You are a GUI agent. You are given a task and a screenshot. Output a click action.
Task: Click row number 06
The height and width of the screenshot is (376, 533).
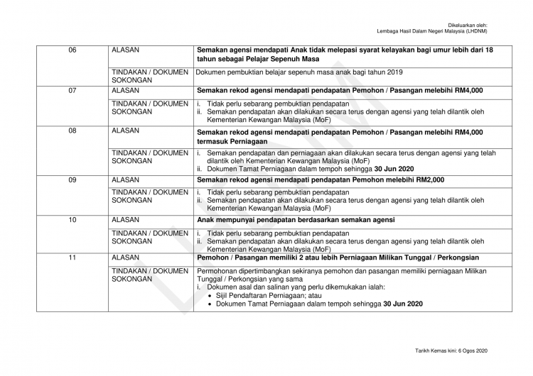(72, 50)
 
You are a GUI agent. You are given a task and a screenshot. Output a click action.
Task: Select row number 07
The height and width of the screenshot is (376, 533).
(72, 91)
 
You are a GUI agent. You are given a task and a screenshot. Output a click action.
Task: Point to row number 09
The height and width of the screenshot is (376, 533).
(72, 180)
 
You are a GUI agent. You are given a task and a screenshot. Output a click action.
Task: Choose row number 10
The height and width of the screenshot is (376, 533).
(72, 221)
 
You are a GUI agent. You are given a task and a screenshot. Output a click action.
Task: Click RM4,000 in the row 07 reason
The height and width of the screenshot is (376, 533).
(468, 91)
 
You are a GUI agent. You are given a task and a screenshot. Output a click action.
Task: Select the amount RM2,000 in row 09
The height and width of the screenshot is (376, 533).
(429, 180)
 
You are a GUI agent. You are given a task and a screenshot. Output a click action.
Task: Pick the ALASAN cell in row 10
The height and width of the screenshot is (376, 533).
(126, 221)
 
